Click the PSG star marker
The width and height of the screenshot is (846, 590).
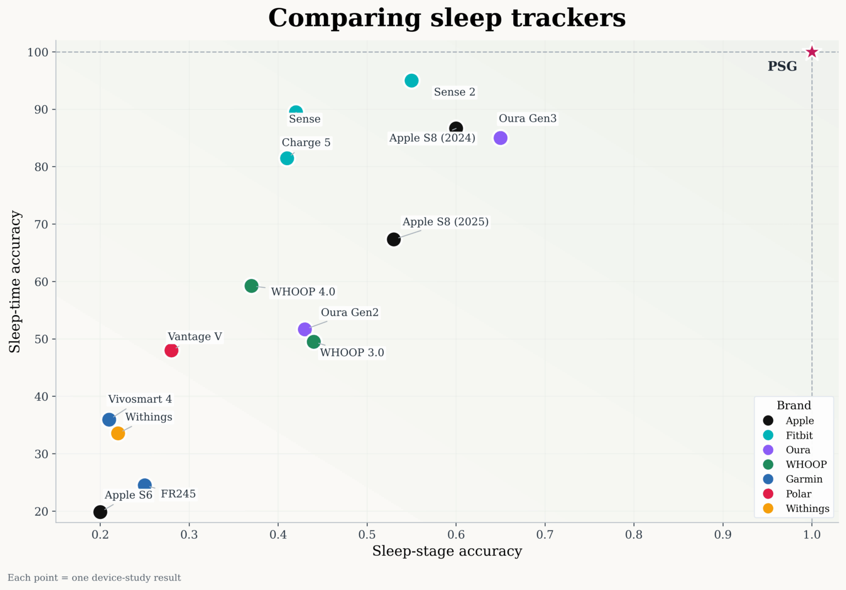pyautogui.click(x=811, y=52)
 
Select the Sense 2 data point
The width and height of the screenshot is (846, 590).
pyautogui.click(x=411, y=81)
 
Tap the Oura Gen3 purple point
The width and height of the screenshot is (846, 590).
pyautogui.click(x=500, y=138)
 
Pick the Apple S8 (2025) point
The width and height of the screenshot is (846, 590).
pyautogui.click(x=393, y=239)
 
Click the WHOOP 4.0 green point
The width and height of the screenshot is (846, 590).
pyautogui.click(x=251, y=286)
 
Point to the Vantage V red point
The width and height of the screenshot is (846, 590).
pyautogui.click(x=171, y=351)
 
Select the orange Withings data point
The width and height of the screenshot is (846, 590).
pyautogui.click(x=118, y=434)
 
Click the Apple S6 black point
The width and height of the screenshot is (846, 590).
pyautogui.click(x=100, y=512)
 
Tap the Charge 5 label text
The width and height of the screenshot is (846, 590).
pyautogui.click(x=306, y=143)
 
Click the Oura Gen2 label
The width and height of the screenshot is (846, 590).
pyautogui.click(x=350, y=313)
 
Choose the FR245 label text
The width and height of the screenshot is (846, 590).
pyautogui.click(x=178, y=494)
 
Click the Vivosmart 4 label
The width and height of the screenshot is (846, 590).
pyautogui.click(x=140, y=399)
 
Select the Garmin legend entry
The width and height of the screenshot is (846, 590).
pyautogui.click(x=804, y=479)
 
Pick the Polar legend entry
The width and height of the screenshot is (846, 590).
pyautogui.click(x=798, y=494)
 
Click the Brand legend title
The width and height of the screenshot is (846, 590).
pyautogui.click(x=794, y=406)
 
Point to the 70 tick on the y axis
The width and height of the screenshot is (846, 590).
pyautogui.click(x=41, y=225)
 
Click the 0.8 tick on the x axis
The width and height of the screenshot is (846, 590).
pyautogui.click(x=633, y=534)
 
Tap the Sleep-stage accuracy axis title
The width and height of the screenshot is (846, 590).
pyautogui.click(x=447, y=551)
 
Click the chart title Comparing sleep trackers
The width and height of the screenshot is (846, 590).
pyautogui.click(x=447, y=18)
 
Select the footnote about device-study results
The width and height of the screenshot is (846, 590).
pyautogui.click(x=94, y=578)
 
